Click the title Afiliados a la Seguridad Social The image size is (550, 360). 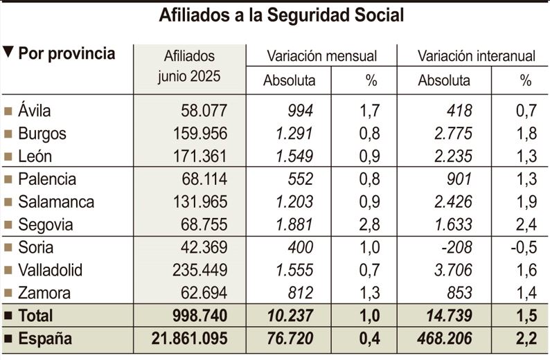pos(281,15)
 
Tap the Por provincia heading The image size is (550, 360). pos(66,54)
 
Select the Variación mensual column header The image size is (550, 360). pos(321,56)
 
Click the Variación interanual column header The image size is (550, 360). pos(477,56)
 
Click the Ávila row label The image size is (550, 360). pos(35,111)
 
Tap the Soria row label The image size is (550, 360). pos(36,247)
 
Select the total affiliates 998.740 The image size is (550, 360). pos(197,316)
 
